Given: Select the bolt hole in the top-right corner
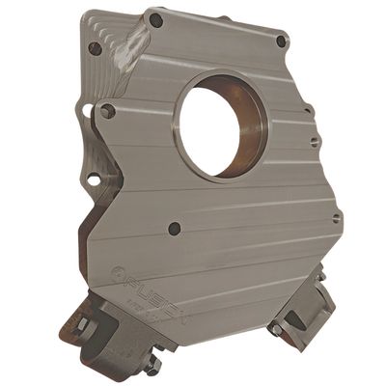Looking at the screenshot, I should tap(281, 41).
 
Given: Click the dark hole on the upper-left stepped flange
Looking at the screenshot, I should tap(95, 47).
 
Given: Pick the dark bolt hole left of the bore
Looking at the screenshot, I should tap(107, 111).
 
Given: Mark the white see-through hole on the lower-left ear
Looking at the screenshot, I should tap(93, 179).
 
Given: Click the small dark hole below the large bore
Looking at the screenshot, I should tap(175, 230).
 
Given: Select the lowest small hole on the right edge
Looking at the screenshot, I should tap(337, 219).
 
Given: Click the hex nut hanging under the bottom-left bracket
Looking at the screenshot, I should tap(152, 365).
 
